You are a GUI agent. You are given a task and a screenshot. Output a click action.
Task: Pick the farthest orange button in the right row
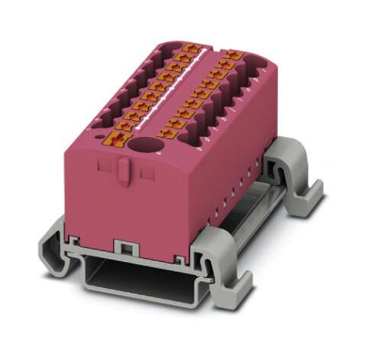coord(230,56)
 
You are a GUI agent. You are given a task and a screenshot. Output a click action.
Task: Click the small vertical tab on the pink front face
coord(122,172)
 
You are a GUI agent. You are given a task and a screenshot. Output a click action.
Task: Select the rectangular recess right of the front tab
coord(145,175)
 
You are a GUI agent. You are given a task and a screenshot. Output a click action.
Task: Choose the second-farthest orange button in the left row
coord(184,56)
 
